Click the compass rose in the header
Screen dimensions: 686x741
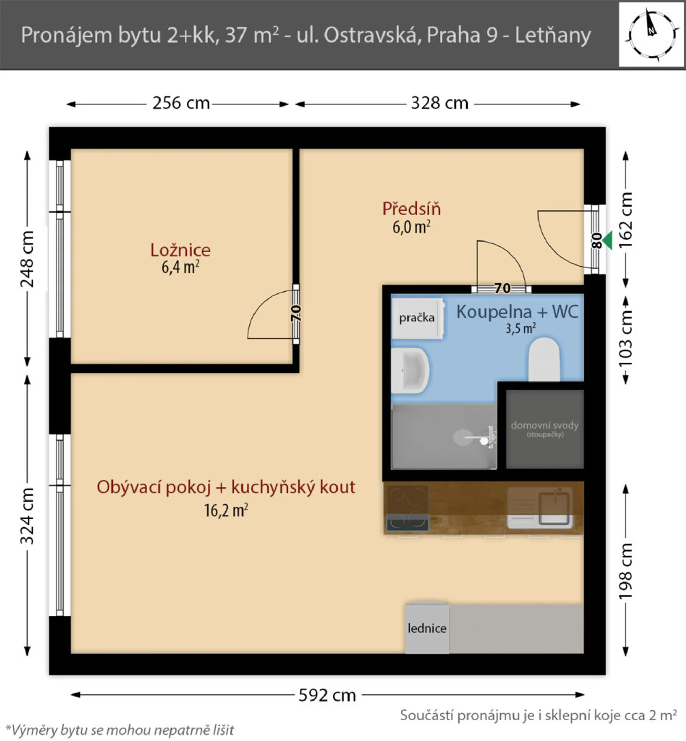(651, 35)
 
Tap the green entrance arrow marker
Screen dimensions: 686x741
(607, 240)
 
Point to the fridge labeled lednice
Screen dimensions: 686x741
(427, 628)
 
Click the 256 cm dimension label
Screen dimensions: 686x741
(181, 103)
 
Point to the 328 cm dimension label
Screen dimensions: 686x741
(439, 103)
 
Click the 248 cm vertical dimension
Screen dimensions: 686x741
(27, 259)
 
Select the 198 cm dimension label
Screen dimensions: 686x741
(626, 571)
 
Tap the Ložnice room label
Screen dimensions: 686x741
(180, 250)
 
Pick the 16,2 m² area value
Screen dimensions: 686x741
(226, 510)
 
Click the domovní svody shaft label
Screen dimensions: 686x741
(545, 425)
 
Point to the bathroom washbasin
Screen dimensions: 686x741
(410, 370)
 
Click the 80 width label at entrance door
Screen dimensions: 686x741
(596, 240)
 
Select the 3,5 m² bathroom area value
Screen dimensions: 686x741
(520, 328)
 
